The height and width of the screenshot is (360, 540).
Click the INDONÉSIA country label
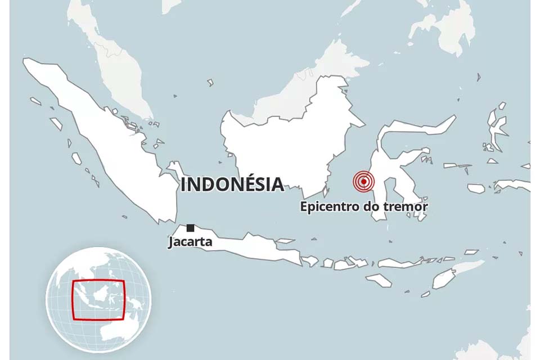click(x=232, y=184)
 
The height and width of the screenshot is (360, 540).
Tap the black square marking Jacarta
click(x=191, y=228)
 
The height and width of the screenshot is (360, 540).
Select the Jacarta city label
click(x=190, y=243)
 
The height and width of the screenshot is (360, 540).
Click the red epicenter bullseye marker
click(x=364, y=181)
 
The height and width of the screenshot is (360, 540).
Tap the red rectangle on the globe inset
click(x=98, y=299)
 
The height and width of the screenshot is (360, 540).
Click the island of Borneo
click(x=287, y=141)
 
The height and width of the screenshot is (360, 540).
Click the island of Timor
click(x=450, y=276)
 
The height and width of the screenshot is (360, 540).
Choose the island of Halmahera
click(x=497, y=127)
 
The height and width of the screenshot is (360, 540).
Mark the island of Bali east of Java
click(x=309, y=261)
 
